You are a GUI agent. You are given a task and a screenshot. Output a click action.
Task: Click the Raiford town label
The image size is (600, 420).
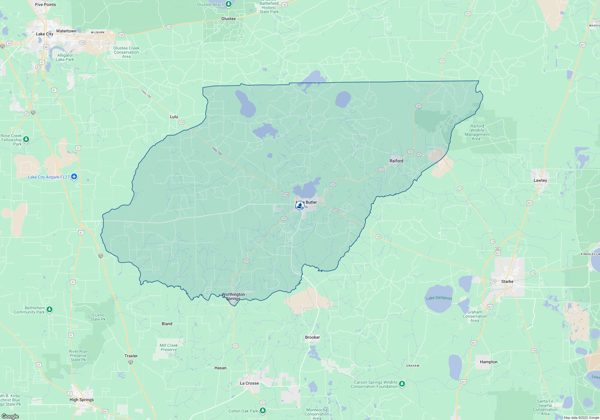(x=396, y=161)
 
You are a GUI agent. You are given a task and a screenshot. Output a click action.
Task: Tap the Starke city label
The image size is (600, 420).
(x=507, y=281)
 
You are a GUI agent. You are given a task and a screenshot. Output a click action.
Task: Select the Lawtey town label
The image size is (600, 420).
(x=540, y=180)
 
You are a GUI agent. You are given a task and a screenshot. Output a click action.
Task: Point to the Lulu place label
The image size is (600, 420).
(x=174, y=117)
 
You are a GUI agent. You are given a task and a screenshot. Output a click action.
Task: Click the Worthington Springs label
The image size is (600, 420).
(x=233, y=296)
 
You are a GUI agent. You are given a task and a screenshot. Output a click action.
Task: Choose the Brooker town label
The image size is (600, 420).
(x=312, y=337)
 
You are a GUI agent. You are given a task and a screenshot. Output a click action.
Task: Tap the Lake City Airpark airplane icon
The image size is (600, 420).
(x=74, y=177)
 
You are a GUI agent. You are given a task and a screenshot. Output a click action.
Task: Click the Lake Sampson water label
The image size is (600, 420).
(x=439, y=298)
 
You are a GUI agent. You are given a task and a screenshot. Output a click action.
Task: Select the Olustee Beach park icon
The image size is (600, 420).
(x=229, y=4)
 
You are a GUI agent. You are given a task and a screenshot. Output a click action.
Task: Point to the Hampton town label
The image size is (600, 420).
(x=488, y=362)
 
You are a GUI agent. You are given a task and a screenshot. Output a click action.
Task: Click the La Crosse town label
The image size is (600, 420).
(x=249, y=383)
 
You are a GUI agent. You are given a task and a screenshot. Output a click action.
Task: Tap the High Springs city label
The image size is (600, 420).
(x=82, y=400)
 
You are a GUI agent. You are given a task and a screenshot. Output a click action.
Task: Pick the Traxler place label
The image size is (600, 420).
(x=131, y=356)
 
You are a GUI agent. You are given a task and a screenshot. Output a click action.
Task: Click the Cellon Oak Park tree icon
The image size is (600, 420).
(x=263, y=410)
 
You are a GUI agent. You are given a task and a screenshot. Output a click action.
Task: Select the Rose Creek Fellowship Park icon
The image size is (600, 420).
(x=26, y=139)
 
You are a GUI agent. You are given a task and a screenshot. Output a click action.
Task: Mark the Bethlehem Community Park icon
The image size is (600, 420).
(x=49, y=309)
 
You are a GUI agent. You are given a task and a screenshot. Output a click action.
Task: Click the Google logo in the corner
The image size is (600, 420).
(x=10, y=416)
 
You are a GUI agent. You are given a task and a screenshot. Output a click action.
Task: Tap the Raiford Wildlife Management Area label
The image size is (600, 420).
(x=477, y=132)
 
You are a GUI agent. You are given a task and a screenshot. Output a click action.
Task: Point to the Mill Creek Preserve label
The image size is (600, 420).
(x=169, y=347)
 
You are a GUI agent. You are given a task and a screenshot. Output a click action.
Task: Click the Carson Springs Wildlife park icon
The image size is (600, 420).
(x=402, y=384)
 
